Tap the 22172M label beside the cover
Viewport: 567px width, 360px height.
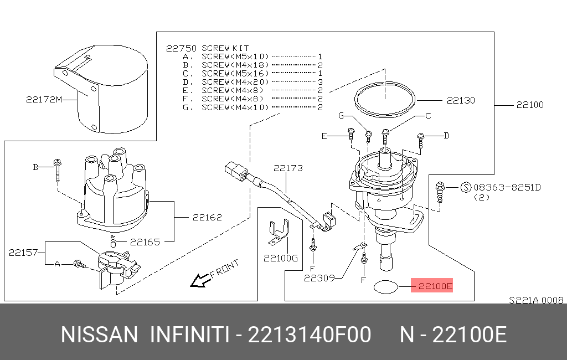click(x=44, y=100)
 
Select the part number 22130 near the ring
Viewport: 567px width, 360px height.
click(x=461, y=100)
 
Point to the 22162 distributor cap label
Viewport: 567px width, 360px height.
click(x=207, y=218)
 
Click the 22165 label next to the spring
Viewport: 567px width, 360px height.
click(x=145, y=242)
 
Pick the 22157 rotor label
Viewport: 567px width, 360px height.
click(x=23, y=253)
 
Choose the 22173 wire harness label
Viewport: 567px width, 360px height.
click(x=288, y=168)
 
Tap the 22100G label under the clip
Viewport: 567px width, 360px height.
click(x=281, y=258)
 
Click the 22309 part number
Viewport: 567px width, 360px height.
click(x=319, y=278)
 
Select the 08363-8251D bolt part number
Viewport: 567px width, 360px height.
click(x=507, y=187)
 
